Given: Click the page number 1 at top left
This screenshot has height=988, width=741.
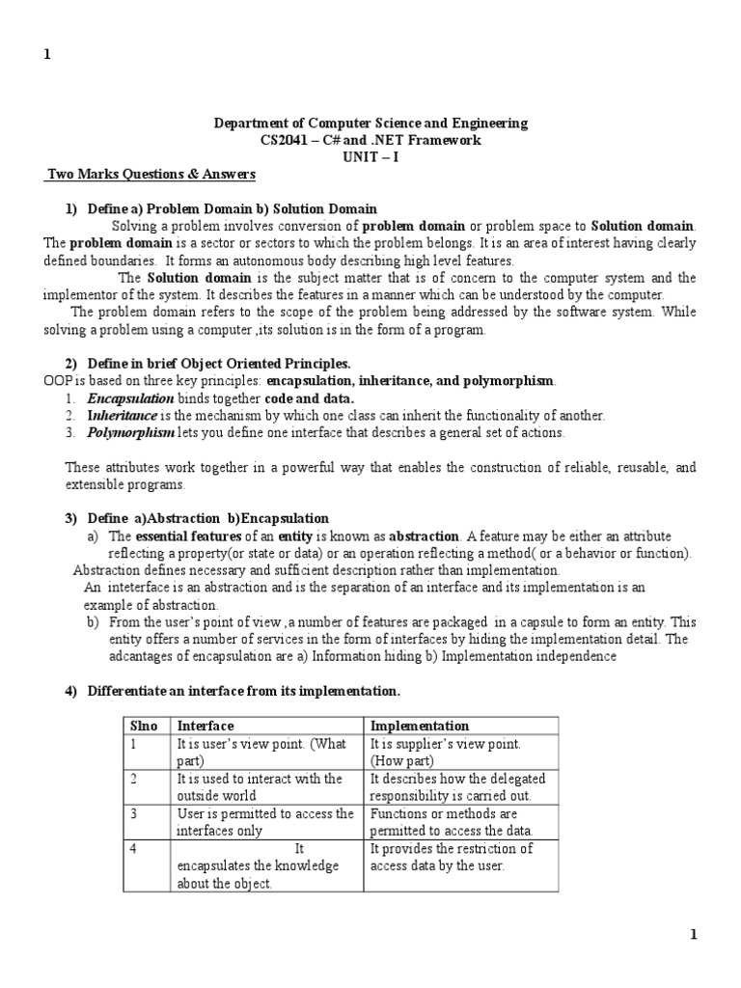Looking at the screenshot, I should point(45,55).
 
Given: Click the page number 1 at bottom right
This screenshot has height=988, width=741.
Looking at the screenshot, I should point(693,934).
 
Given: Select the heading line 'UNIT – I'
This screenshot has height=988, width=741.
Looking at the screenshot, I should point(370,157).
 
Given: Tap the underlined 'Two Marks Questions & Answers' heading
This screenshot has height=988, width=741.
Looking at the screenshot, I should point(152,175).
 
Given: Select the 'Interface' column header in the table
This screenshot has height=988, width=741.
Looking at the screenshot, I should point(206,726).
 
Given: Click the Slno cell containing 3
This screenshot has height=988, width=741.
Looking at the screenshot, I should point(136,813).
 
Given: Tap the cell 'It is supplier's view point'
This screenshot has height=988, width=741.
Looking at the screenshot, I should point(445,744).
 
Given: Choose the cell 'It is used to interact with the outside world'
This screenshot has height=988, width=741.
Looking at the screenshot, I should point(260,786).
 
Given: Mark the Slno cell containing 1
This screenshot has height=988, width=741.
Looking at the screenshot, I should point(136,744).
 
